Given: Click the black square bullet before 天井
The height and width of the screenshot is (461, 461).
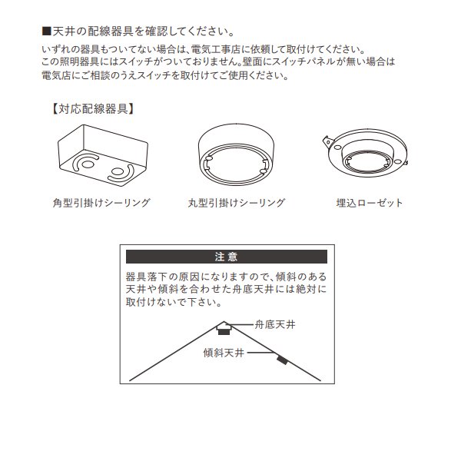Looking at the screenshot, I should pos(46,32).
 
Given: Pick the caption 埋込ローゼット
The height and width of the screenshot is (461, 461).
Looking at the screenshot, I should pos(370,204).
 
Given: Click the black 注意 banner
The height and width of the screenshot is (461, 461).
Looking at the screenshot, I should pos(226,257).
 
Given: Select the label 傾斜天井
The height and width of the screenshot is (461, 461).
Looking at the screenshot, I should pos(224,353).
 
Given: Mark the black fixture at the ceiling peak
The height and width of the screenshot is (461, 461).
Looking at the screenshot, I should pos(224,331).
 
